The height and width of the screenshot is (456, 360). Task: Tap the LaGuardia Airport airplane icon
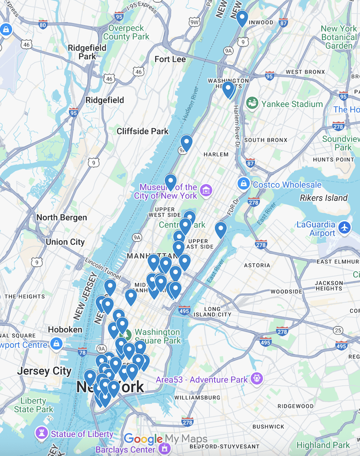pos(345,227)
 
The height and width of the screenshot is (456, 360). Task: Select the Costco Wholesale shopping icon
pos(243,184)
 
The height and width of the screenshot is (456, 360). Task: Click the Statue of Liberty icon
pos(42,434)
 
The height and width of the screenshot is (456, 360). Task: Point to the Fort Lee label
pos(170,60)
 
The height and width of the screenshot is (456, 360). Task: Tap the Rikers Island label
pos(324,198)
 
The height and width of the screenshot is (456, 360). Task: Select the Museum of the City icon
pos(205,191)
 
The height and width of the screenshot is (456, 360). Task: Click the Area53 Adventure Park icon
pos(256,379)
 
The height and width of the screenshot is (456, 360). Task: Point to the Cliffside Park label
pos(142,131)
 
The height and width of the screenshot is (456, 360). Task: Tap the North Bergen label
pos(61,217)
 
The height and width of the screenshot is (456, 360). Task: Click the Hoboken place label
pos(65,329)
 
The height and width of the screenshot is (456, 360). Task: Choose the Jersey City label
pos(45,371)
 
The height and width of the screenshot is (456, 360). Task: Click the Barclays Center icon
pos(164,449)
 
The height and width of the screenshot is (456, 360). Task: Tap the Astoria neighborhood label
pos(257,265)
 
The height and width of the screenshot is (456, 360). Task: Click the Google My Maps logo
pos(165,439)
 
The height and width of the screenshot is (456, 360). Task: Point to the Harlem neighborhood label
pos(216,154)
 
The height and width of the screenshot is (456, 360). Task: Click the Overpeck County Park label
pos(126,32)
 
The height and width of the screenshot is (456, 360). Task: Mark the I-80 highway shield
pos(43,24)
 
